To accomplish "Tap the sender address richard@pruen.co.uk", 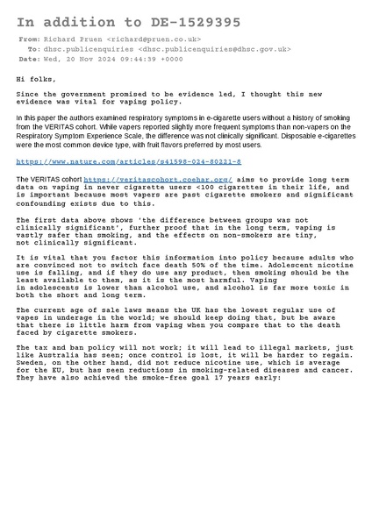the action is point(155,39).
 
